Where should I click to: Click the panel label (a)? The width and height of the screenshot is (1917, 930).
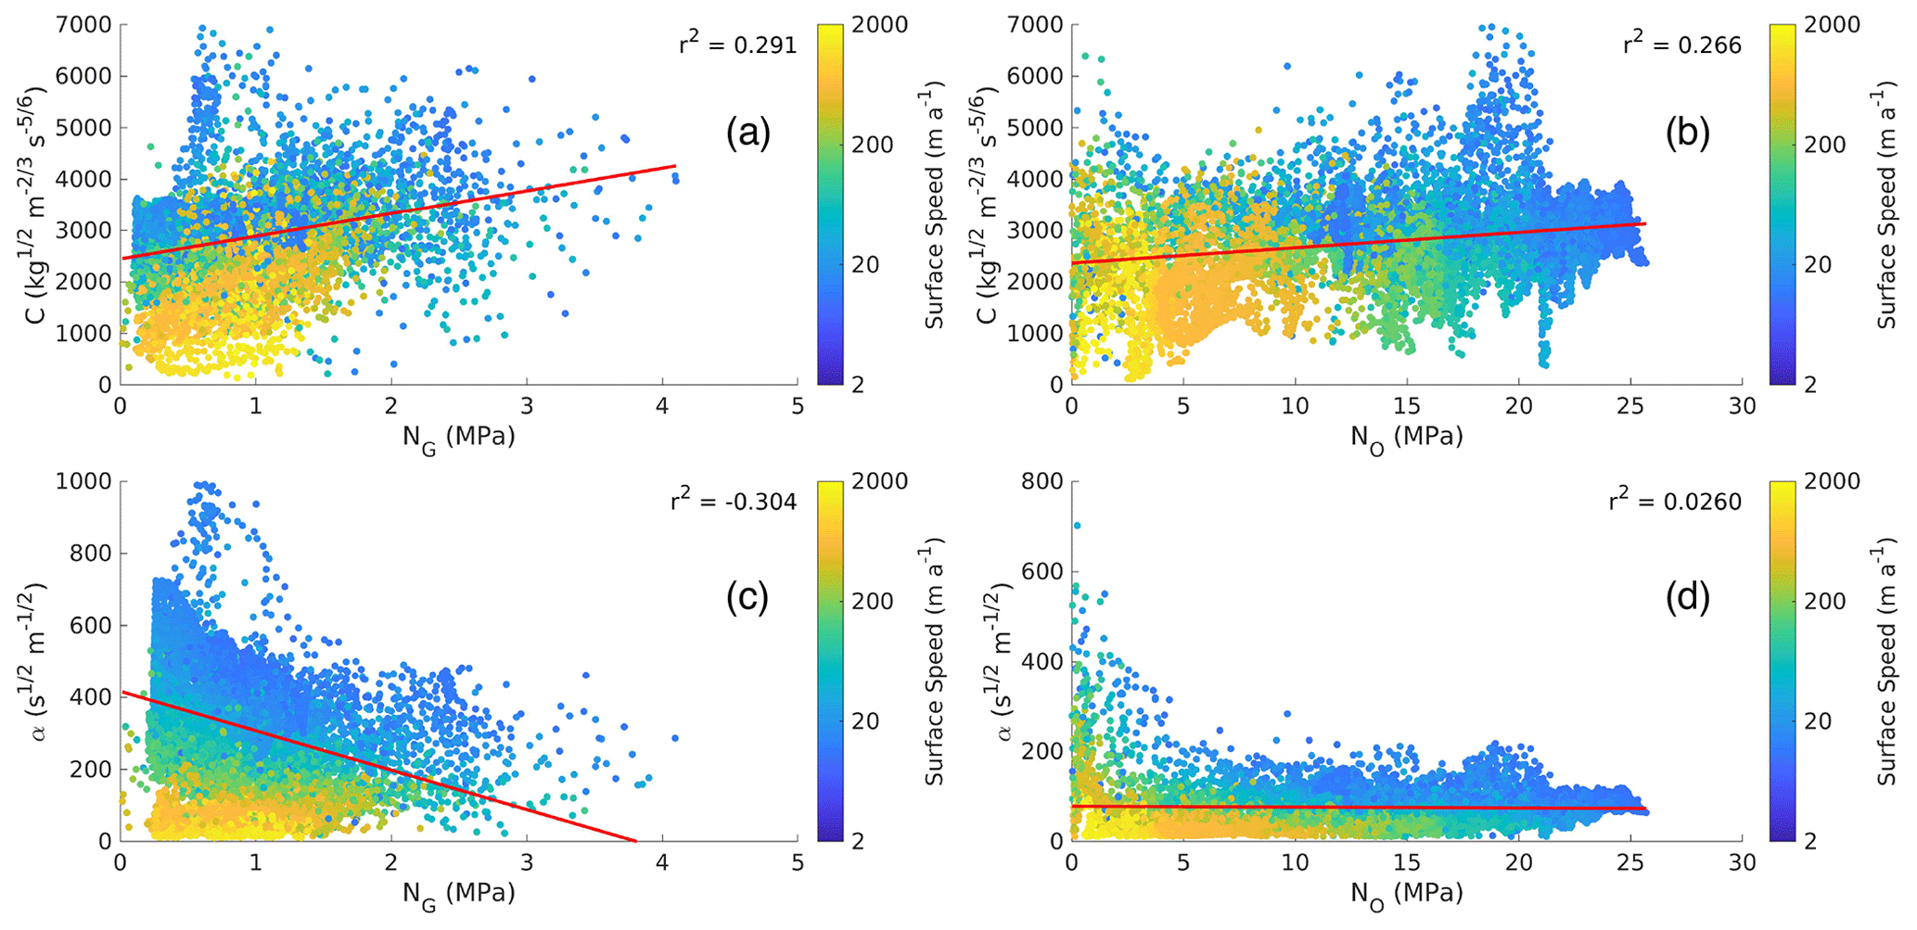[748, 135]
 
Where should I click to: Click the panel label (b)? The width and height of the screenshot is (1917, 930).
[1687, 135]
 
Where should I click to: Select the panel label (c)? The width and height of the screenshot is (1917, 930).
[748, 598]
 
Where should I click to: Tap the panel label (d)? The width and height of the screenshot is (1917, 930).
[1687, 598]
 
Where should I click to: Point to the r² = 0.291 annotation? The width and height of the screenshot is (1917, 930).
[737, 45]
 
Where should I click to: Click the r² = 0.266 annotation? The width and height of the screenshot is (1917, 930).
[1681, 45]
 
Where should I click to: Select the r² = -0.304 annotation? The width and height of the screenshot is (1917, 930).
[733, 502]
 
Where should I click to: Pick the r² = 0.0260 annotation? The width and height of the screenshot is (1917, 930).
[1675, 502]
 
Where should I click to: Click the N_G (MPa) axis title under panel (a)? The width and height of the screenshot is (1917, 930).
[458, 436]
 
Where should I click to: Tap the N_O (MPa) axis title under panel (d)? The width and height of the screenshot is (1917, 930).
[1406, 893]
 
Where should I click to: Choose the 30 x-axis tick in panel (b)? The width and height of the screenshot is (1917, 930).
[1742, 406]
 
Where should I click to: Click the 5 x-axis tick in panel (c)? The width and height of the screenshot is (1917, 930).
[798, 863]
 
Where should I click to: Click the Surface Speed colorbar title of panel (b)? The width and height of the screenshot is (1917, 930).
[1886, 204]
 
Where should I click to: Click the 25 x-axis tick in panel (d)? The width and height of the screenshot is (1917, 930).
[1629, 863]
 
